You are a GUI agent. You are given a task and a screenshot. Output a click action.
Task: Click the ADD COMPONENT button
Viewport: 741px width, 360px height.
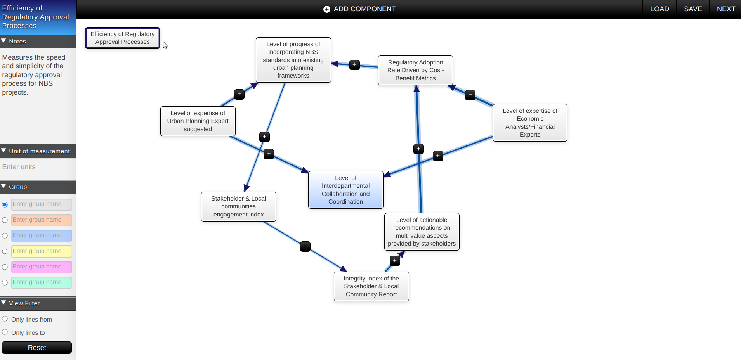(359, 9)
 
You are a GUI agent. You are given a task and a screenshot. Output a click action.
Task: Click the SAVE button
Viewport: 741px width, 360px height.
(693, 9)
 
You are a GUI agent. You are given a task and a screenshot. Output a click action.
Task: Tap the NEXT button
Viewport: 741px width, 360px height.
(726, 9)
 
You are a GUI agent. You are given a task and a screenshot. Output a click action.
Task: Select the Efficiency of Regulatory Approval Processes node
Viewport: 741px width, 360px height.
(122, 38)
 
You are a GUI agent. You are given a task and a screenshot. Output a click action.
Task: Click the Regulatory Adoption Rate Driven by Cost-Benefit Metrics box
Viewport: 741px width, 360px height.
(415, 70)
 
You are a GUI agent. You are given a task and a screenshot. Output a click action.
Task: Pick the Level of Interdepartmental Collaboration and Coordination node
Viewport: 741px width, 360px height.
(345, 190)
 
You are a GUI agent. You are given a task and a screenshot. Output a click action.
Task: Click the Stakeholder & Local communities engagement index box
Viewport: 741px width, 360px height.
(238, 206)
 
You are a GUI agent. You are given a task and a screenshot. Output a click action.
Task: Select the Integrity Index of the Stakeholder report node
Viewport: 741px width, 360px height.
(371, 286)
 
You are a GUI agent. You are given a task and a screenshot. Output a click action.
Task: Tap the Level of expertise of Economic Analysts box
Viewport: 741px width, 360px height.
(530, 123)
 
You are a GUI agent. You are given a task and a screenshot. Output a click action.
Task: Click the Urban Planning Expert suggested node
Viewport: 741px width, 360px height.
(198, 121)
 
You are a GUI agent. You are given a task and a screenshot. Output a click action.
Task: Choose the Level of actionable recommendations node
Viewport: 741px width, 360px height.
(422, 232)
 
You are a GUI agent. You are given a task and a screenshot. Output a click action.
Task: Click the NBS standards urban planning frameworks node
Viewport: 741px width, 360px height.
(293, 60)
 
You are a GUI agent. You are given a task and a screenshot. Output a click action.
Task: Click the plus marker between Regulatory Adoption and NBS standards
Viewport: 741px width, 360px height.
(354, 65)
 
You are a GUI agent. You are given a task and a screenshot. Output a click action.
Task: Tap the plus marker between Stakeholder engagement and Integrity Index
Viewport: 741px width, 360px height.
(305, 246)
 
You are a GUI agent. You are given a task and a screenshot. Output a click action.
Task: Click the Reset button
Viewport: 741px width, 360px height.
(37, 348)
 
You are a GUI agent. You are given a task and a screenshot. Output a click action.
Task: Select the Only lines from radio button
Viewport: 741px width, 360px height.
(5, 319)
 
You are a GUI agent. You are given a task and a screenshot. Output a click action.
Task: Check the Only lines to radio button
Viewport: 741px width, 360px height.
(5, 332)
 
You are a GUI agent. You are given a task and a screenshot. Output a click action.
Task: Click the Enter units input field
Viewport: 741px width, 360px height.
(38, 167)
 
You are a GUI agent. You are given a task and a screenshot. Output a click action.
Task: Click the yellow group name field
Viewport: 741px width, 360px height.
(42, 251)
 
